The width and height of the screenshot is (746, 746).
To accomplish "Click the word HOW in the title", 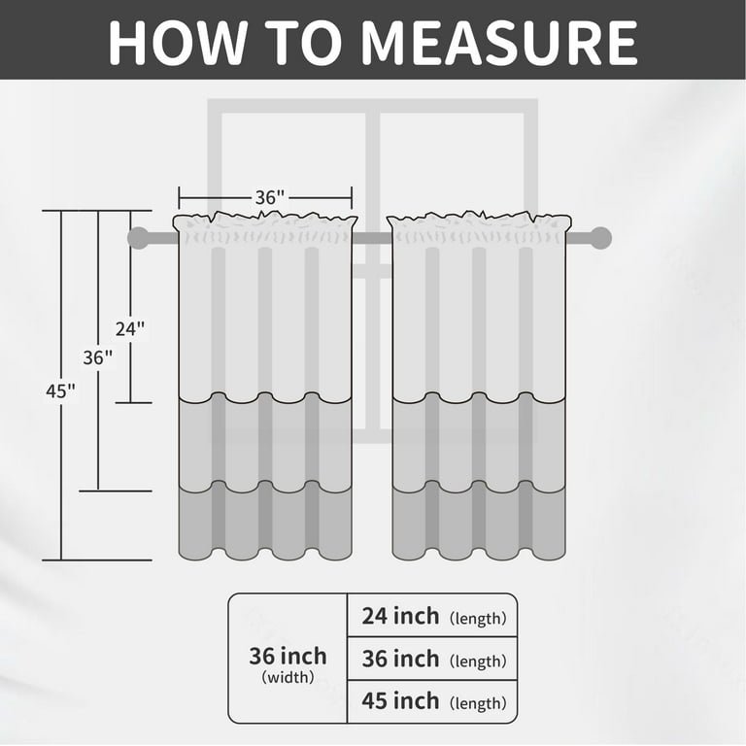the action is pos(178,43).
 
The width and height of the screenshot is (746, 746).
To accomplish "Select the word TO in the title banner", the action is pos(303,43).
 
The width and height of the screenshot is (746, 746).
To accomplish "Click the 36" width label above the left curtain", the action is pos(270,197).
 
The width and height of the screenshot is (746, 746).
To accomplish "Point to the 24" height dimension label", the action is pos(130,328).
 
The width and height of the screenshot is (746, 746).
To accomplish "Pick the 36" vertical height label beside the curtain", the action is pos(98,357).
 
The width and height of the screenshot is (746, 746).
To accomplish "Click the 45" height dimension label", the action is pos(60,391).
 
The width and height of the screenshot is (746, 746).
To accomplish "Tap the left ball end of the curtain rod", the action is pos(139,238).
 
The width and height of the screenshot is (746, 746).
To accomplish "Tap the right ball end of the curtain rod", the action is pos(600,238).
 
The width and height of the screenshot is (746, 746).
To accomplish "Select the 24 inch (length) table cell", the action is pos(432,615).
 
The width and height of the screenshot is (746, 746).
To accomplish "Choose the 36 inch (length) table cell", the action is pos(432,659).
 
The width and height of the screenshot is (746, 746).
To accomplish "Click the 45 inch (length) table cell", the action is pos(432,701).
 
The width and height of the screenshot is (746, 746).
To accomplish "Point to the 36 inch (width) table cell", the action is pos(288,659).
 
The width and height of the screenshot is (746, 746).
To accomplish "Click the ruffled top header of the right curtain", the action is pos(479,227).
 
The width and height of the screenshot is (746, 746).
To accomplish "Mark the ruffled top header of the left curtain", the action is pos(265,227).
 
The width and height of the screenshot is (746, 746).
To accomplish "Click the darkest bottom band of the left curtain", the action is pos(265,521).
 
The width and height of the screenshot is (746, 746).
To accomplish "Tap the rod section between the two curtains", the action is pos(373,238).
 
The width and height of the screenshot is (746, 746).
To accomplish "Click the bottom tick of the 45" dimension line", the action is pos(97,559).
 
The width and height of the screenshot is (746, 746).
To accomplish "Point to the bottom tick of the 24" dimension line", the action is pos(134,402).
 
